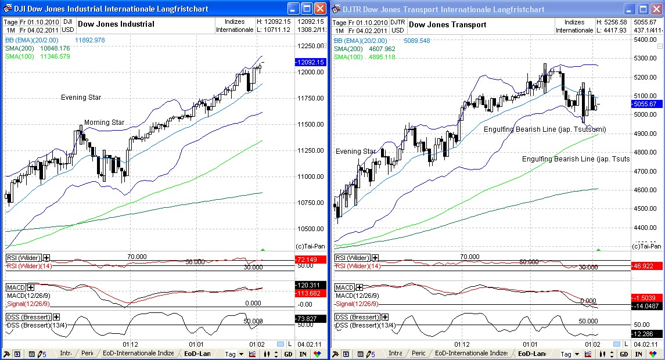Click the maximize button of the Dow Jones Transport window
pos(643,9)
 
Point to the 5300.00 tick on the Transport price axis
pos(645,58)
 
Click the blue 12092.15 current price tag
pos(310,62)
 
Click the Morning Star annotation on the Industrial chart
pos(104,123)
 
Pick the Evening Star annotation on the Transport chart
pos(355,152)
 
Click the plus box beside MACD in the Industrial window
pos(30,287)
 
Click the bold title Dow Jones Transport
pos(447,24)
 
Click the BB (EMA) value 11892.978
pos(89,40)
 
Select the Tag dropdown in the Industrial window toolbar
pos(233,354)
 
